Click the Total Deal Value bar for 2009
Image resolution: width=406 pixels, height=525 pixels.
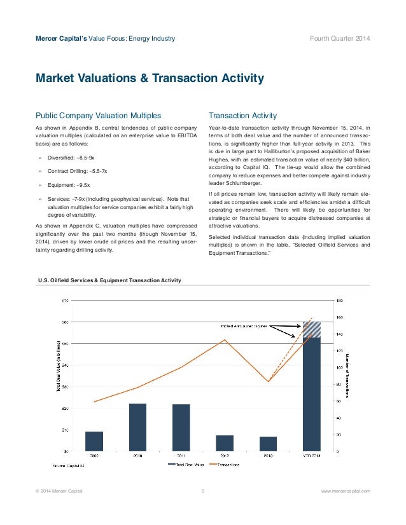(94, 441)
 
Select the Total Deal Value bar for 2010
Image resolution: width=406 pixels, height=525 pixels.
(137, 427)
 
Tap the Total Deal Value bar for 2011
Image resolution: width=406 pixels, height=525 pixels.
(181, 428)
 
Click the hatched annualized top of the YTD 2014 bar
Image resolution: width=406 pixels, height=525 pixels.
(312, 329)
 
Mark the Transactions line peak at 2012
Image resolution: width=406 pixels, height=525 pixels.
(225, 339)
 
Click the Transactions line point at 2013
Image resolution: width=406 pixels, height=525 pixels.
(269, 381)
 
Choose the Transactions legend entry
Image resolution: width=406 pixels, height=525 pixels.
(226, 465)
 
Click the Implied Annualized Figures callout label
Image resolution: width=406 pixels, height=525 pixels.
(244, 325)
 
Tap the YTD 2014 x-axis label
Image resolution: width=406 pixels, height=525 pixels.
(312, 456)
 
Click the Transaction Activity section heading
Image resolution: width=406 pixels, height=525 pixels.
(242, 116)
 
